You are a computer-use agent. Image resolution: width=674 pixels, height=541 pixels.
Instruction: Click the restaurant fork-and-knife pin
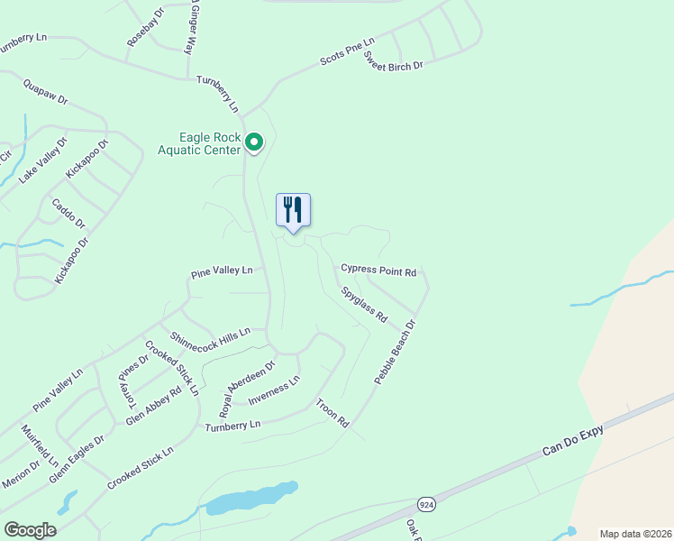click(x=293, y=209)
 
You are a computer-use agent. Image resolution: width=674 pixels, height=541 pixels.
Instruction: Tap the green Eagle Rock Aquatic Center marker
click(x=254, y=142)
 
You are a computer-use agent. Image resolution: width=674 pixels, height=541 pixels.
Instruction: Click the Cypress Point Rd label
click(x=378, y=270)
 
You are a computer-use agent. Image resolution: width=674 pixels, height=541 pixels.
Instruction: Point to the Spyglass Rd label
click(x=364, y=306)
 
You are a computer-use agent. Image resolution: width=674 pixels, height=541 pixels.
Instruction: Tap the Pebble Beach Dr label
click(x=396, y=353)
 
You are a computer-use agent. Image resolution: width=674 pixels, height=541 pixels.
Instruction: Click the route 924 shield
click(x=427, y=505)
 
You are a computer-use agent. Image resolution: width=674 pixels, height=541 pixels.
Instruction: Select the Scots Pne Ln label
click(x=347, y=52)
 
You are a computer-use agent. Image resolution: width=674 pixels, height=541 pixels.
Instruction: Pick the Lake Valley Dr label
click(x=43, y=161)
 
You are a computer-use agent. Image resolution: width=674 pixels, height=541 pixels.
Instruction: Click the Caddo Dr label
click(x=68, y=214)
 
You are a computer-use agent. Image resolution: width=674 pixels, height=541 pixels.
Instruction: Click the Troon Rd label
click(x=332, y=411)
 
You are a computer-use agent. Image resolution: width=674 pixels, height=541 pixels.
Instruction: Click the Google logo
click(x=30, y=530)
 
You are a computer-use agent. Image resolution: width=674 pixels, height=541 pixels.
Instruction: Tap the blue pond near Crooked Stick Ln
click(x=252, y=499)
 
